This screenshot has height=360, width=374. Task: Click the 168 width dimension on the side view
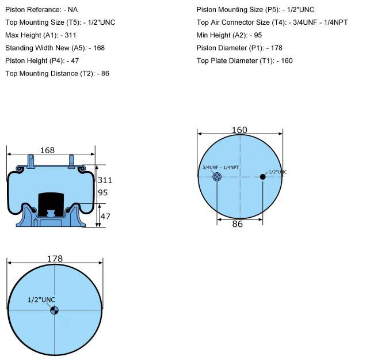click(x=47, y=150)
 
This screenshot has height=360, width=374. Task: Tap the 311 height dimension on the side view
click(x=104, y=180)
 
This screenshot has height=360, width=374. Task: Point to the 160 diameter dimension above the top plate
click(x=239, y=130)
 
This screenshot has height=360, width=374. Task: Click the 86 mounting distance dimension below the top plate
click(x=238, y=224)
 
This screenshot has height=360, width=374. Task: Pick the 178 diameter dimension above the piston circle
click(x=55, y=259)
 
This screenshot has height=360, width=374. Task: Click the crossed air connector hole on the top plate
click(x=217, y=176)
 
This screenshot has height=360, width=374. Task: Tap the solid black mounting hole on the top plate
click(x=263, y=176)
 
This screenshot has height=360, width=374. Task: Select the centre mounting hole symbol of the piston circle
click(x=54, y=310)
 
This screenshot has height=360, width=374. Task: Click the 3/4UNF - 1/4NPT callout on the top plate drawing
click(x=220, y=168)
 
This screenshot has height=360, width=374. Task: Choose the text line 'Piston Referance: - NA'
click(x=41, y=10)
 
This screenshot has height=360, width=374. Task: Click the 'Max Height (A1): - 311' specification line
click(x=41, y=35)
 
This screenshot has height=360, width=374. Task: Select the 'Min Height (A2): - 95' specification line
click(x=229, y=35)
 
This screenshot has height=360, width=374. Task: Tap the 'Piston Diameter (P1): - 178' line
click(x=239, y=48)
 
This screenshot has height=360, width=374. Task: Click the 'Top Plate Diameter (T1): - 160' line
click(x=245, y=60)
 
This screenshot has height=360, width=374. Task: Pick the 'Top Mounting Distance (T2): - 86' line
click(x=57, y=73)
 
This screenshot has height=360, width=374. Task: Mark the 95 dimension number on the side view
click(x=102, y=192)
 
